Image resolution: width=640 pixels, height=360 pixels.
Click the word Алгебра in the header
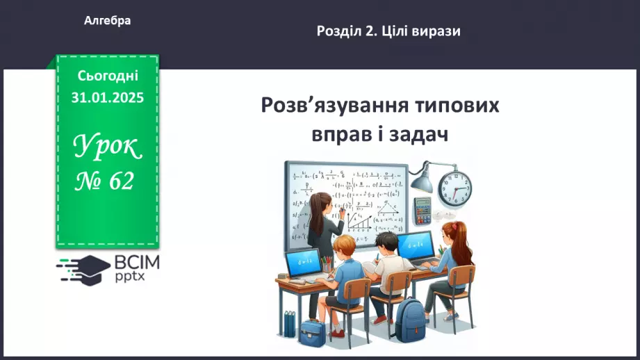click(107, 21)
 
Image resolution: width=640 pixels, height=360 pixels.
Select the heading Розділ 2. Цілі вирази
click(388, 31)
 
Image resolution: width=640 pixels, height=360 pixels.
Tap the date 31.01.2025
click(107, 98)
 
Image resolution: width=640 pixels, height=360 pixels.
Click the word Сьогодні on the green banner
click(107, 76)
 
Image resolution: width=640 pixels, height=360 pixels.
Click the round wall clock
click(454, 185)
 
